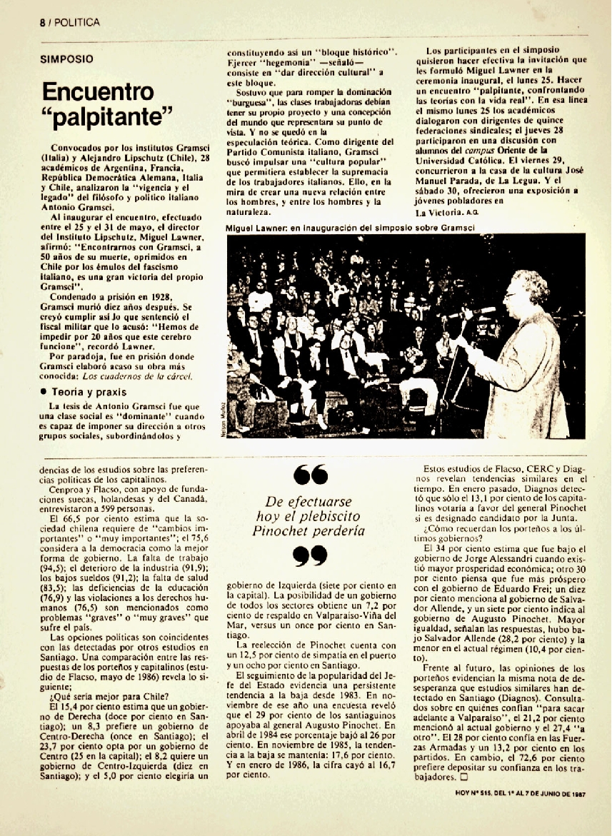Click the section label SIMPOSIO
click(x=66, y=59)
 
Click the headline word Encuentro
click(x=98, y=92)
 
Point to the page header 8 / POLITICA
click(x=69, y=22)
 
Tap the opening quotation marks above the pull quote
click(x=310, y=475)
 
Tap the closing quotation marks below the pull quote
click(x=310, y=555)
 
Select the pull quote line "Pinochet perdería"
click(x=308, y=530)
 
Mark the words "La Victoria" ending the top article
click(x=438, y=211)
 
